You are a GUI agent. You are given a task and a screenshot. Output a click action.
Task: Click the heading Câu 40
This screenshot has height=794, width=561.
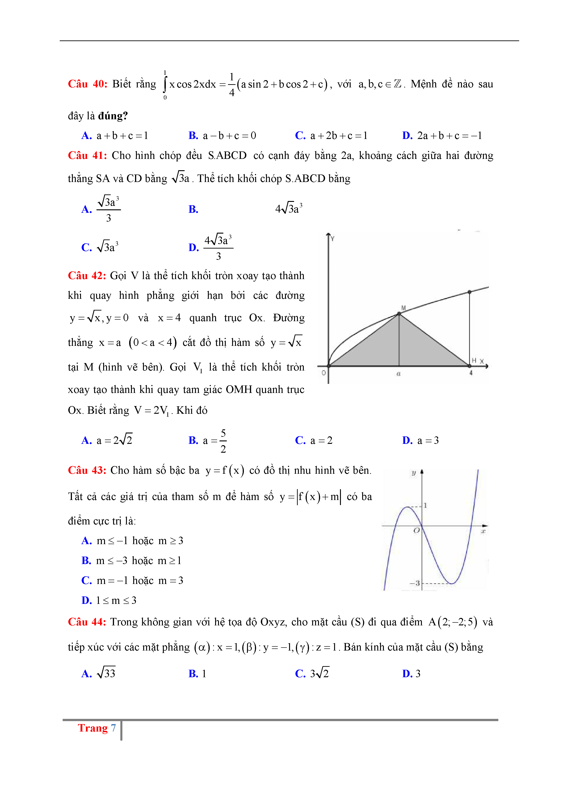(x=88, y=84)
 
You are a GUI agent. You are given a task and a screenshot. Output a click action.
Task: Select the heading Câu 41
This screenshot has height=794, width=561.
(x=88, y=156)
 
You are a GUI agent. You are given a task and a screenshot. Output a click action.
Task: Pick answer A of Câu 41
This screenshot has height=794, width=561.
(x=101, y=209)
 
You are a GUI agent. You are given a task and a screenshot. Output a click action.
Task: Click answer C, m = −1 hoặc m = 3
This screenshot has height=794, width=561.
(x=132, y=580)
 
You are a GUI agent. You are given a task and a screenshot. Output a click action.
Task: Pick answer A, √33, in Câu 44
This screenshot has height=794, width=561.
(x=98, y=674)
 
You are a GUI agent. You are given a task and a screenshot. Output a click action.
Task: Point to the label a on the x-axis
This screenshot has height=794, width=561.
(x=399, y=373)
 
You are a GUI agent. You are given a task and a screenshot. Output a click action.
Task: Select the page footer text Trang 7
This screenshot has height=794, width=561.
(x=97, y=728)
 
